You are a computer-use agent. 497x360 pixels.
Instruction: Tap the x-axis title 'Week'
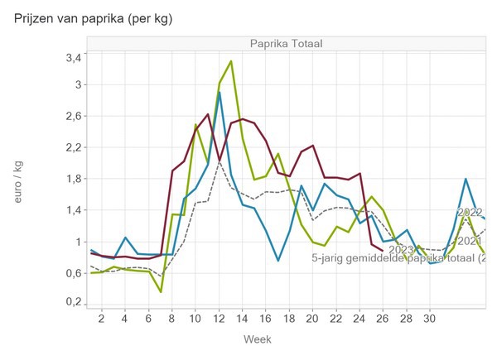point(257,339)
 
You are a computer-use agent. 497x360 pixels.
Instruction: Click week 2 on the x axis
point(101,318)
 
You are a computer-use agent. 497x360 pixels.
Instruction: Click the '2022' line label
point(470,212)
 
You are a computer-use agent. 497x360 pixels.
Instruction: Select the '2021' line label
point(470,241)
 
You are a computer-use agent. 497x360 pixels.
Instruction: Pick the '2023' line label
point(400,249)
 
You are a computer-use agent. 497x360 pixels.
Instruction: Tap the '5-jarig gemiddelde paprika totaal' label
point(398,259)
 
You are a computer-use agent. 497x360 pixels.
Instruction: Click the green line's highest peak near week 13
point(230,61)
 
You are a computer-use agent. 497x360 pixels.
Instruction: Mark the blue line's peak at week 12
point(219,93)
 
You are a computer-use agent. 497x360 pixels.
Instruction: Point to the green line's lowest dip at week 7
point(161,291)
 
